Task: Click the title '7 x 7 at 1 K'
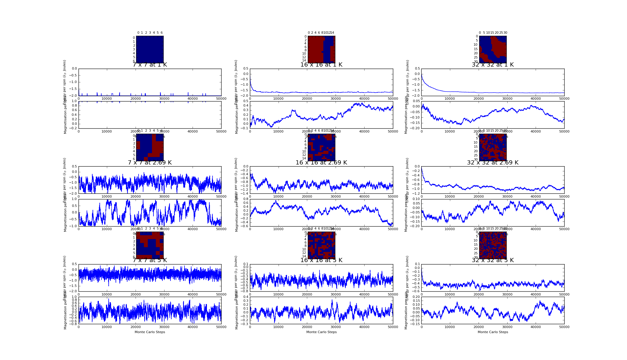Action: tap(150, 65)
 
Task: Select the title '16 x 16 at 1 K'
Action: tap(321, 65)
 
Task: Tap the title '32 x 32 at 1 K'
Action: tap(493, 65)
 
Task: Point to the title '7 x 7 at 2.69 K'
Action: tap(150, 163)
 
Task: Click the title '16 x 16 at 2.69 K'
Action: tap(321, 163)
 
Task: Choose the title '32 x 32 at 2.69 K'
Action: tap(493, 163)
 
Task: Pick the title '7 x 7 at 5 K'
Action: tap(150, 260)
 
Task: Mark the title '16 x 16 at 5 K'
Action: tap(321, 260)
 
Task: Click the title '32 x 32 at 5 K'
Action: tap(493, 260)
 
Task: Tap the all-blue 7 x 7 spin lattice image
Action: tap(150, 49)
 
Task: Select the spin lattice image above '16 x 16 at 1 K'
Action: tap(321, 49)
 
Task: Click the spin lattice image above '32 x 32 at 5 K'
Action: tap(493, 245)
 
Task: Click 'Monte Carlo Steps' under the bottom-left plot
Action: tap(150, 332)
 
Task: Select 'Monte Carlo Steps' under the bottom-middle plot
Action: tap(321, 332)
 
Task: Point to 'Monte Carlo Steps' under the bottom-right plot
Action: tap(493, 332)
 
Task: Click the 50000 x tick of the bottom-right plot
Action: tap(564, 327)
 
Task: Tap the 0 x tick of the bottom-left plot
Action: tap(79, 327)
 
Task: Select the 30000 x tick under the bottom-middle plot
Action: tap(336, 327)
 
